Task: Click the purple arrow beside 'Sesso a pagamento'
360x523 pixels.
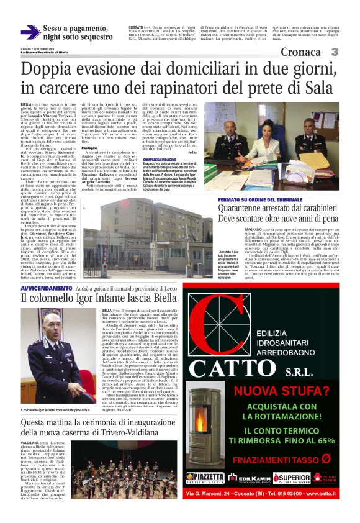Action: pyautogui.click(x=30, y=32)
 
